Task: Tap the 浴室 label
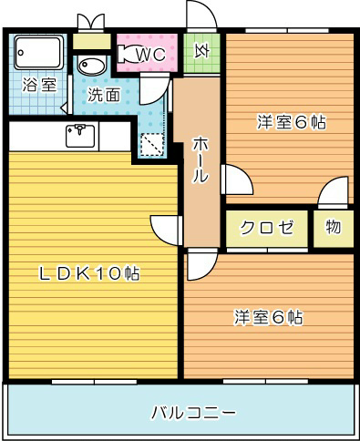(x=38, y=85)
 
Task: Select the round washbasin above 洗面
(x=91, y=66)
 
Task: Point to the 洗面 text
(x=104, y=95)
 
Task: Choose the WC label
(x=151, y=55)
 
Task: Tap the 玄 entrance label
(x=201, y=52)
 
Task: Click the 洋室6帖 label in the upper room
(x=292, y=121)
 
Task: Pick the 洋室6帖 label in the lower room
(x=269, y=318)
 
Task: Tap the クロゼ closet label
(x=267, y=228)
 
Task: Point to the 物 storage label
(x=333, y=227)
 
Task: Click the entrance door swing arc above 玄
(x=201, y=15)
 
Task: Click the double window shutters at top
(x=90, y=21)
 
